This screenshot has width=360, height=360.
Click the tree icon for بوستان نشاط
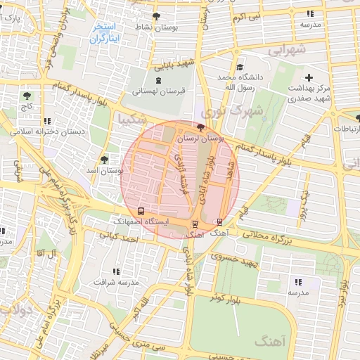pos(156,15)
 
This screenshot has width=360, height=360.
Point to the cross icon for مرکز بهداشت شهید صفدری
pos(309,76)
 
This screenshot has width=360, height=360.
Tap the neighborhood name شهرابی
pos(288,51)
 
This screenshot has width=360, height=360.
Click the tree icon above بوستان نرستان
pos(202,128)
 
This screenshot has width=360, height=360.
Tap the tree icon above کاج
pos(27,95)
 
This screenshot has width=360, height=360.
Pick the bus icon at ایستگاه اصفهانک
pos(141,210)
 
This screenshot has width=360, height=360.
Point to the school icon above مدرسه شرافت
pos(116,271)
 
